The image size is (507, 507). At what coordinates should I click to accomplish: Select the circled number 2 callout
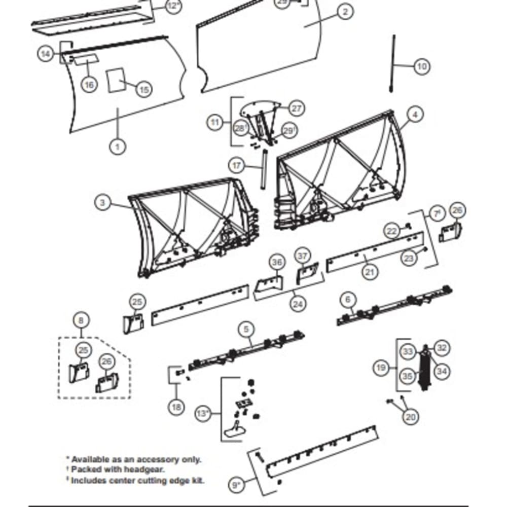click(345, 12)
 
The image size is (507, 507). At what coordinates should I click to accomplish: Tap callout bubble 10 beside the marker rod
click(421, 66)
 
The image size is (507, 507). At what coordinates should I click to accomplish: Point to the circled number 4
click(415, 115)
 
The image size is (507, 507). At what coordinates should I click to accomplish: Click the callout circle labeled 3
click(103, 203)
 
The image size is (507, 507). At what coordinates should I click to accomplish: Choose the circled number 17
click(237, 165)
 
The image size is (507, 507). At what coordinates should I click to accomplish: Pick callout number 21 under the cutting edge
click(370, 272)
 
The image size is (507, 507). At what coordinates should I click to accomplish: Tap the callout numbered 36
click(277, 262)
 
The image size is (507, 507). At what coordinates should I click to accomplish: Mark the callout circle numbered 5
click(246, 330)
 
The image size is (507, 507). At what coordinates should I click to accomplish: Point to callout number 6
click(348, 300)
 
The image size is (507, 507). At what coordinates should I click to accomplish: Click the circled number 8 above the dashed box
click(81, 320)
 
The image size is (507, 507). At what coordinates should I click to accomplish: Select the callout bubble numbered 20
click(410, 417)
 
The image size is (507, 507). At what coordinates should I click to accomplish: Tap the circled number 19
click(382, 368)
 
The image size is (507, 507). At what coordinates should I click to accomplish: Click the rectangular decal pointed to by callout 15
click(115, 80)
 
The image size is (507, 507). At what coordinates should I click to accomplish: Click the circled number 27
click(295, 108)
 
